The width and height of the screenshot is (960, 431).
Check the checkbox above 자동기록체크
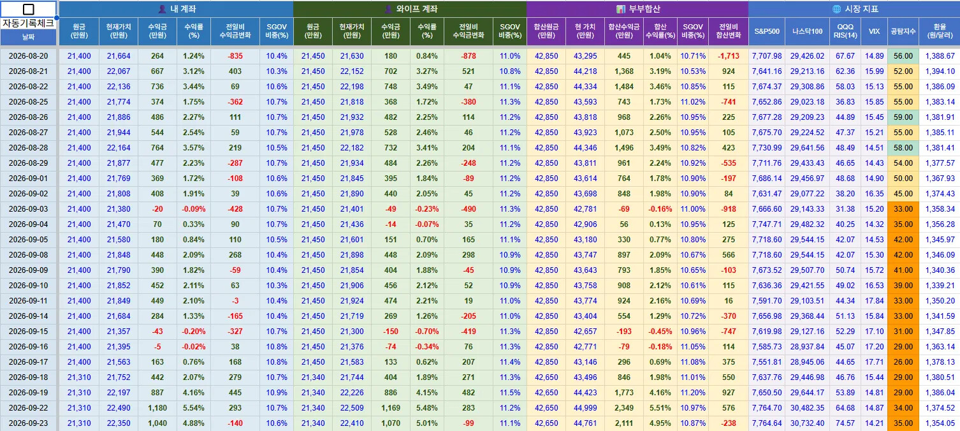click(x=28, y=9)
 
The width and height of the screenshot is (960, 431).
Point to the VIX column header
click(x=874, y=31)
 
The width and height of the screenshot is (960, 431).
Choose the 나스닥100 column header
click(x=807, y=31)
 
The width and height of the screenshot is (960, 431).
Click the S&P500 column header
click(x=767, y=31)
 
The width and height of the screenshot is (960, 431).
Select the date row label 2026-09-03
click(x=28, y=209)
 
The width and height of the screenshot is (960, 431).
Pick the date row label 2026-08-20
click(x=28, y=55)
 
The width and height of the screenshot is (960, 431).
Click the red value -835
click(x=235, y=55)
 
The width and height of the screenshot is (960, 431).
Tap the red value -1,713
click(x=728, y=55)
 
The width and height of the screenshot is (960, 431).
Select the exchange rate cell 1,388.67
click(x=940, y=55)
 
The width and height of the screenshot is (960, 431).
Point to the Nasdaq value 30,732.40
click(x=807, y=423)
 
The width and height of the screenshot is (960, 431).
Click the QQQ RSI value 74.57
click(x=845, y=423)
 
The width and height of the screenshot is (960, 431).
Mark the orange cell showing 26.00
click(x=903, y=362)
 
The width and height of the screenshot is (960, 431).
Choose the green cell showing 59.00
click(x=903, y=117)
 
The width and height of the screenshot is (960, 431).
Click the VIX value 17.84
click(x=874, y=301)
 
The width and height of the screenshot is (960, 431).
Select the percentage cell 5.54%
click(x=193, y=408)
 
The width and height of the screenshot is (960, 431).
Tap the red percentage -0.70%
click(x=427, y=332)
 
